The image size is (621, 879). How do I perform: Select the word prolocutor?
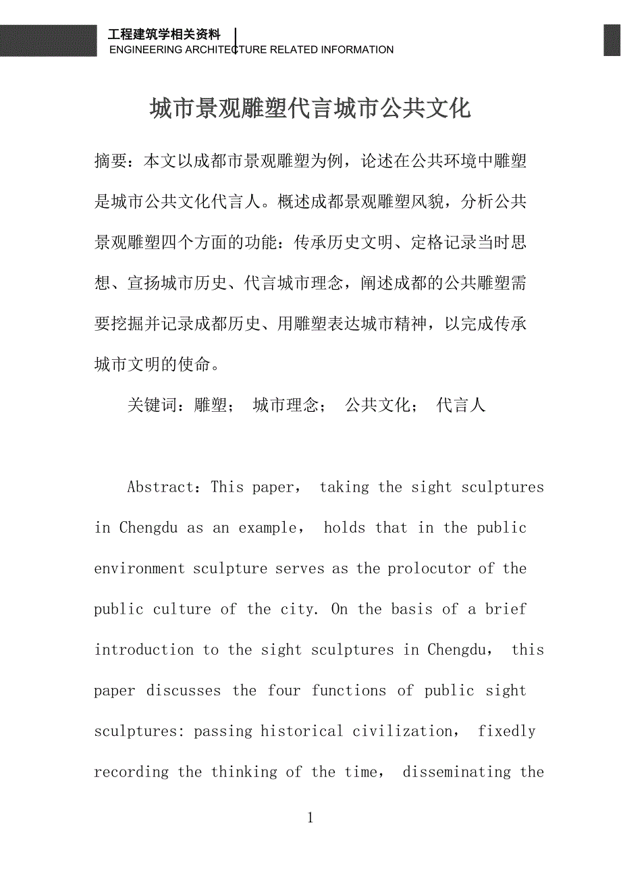coord(429,568)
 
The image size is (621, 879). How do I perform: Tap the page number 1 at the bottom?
coord(310,818)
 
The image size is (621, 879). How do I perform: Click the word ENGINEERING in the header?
coord(145,49)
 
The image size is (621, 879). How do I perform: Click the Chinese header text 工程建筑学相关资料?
coord(164,35)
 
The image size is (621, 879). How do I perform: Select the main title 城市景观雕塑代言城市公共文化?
coord(310,109)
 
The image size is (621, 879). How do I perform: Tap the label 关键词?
coord(152,405)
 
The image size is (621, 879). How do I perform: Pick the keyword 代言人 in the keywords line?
coord(461,405)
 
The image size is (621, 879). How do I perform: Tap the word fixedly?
coord(506,731)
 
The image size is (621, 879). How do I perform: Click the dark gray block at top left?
coord(48,41)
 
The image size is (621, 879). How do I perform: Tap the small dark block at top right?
coord(612,41)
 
